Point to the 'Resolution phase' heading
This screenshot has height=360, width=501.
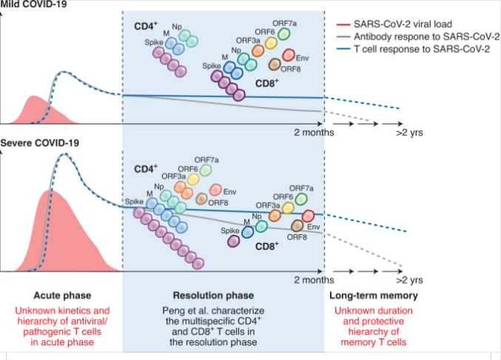223,295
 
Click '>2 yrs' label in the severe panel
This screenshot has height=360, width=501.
408,281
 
